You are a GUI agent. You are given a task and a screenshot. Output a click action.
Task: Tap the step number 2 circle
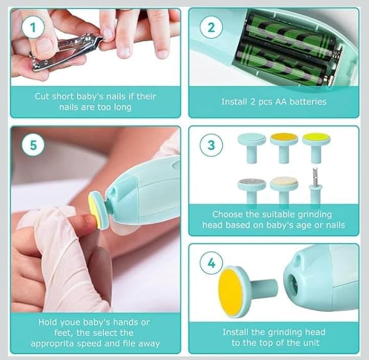[211, 27]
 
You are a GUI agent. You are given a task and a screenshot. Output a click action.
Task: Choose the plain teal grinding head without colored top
[252, 146]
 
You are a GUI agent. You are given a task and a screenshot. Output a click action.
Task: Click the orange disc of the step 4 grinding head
[230, 292]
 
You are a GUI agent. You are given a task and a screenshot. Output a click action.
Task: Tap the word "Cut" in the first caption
[42, 96]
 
